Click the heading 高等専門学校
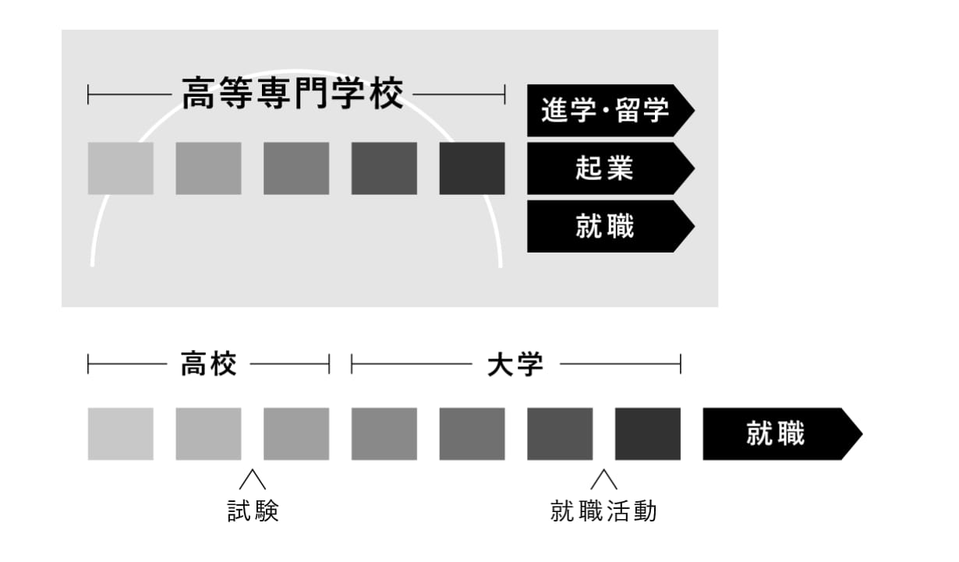tap(292, 94)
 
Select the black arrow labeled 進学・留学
tap(610, 111)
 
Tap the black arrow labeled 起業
tap(610, 168)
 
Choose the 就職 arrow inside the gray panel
tap(610, 226)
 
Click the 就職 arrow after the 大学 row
tap(783, 433)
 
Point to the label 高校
tap(208, 364)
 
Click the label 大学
tap(515, 364)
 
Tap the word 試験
tap(253, 511)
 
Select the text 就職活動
tap(603, 511)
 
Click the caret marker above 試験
tap(253, 479)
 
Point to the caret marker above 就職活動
tap(603, 479)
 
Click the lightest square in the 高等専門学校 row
tap(121, 168)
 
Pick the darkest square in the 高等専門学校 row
tap(472, 168)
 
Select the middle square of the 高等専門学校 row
tap(296, 168)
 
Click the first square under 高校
tap(121, 433)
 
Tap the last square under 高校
tap(296, 433)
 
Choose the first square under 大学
tap(384, 433)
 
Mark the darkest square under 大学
tap(648, 433)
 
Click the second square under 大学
tap(472, 433)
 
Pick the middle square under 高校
tap(208, 433)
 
